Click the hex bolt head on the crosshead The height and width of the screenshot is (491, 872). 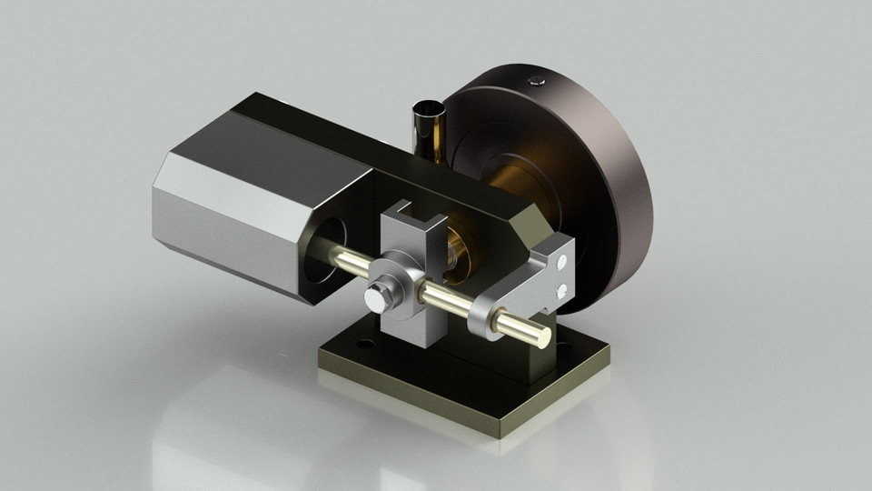(x=375, y=296)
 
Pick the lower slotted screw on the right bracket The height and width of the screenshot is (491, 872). (x=563, y=290)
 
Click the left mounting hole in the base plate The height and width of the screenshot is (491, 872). (x=363, y=346)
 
